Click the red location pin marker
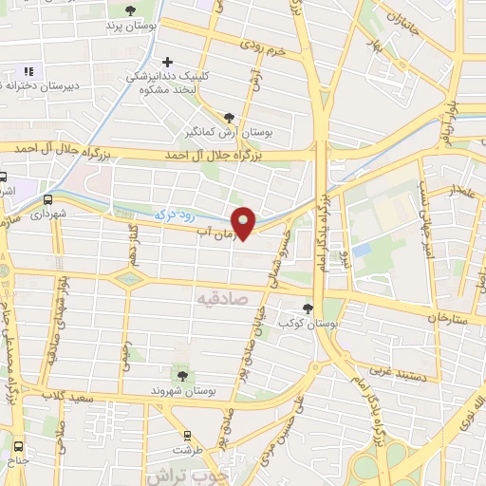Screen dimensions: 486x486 click(x=244, y=222)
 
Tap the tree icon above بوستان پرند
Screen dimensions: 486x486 click(x=131, y=10)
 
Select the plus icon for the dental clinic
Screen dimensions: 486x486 click(x=168, y=62)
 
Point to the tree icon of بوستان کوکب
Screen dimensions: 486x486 click(x=308, y=308)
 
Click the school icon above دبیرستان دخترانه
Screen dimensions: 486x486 click(x=28, y=70)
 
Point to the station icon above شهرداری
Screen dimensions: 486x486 click(x=47, y=199)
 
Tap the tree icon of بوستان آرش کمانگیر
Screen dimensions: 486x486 click(x=228, y=117)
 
